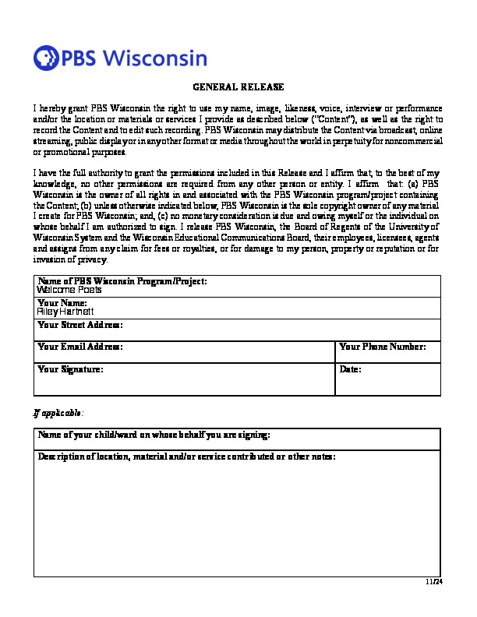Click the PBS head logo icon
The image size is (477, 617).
(x=46, y=58)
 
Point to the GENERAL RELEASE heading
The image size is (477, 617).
(x=238, y=87)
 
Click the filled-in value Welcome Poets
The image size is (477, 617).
(x=69, y=290)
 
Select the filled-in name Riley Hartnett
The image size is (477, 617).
(x=65, y=311)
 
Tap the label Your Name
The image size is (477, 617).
(x=62, y=302)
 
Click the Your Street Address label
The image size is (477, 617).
(x=80, y=324)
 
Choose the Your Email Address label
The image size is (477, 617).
(x=80, y=346)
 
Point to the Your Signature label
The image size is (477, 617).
(x=70, y=368)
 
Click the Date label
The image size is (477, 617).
(x=351, y=368)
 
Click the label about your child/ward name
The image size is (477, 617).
(x=154, y=434)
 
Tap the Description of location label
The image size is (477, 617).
(x=187, y=457)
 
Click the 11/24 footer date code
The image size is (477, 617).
(x=434, y=582)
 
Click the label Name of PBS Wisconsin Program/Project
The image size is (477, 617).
(x=122, y=280)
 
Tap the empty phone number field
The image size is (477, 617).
(x=388, y=356)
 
